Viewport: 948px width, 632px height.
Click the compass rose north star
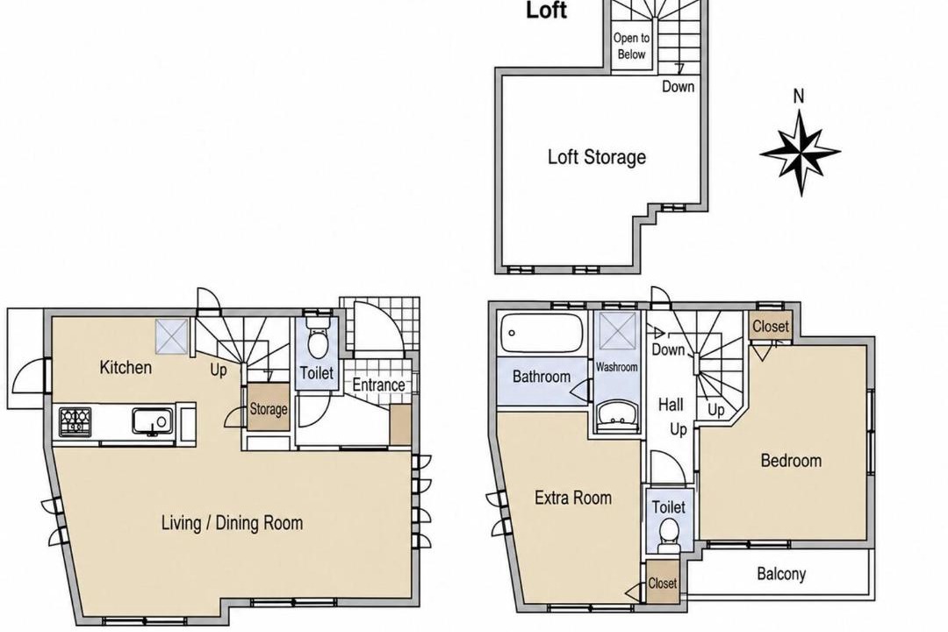tap(800, 152)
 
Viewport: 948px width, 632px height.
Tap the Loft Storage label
tap(597, 157)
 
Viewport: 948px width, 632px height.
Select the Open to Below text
tap(631, 46)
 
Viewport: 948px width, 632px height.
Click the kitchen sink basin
tap(153, 421)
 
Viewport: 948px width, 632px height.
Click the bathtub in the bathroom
tap(542, 334)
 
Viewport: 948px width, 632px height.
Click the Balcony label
tap(781, 573)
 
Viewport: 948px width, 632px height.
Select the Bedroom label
tap(791, 461)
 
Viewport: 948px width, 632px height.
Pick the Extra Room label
tap(573, 498)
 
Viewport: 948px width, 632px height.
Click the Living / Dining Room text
tap(232, 522)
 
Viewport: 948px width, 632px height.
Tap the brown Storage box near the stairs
tap(269, 407)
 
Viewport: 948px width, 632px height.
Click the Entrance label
tap(378, 384)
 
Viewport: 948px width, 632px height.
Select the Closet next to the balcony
tap(663, 583)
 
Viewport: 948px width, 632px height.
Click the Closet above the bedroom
tap(771, 327)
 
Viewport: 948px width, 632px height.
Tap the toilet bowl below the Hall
tap(668, 535)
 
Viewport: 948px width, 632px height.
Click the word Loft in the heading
tap(547, 11)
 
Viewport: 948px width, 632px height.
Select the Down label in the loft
tap(678, 87)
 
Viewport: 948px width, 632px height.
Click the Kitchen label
tap(126, 367)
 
